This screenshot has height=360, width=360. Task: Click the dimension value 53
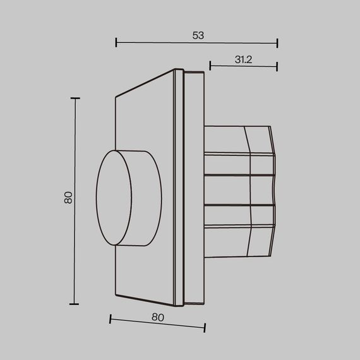(x=198, y=35)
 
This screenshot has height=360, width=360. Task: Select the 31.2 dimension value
(x=243, y=59)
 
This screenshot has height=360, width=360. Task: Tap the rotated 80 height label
(x=69, y=198)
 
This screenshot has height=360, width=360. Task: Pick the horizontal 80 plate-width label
(x=158, y=318)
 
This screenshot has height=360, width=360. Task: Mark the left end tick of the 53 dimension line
(x=116, y=43)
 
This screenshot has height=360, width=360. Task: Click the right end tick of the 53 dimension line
(x=277, y=43)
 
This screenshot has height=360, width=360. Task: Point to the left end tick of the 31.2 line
(x=210, y=64)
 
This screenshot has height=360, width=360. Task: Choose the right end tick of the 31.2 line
(x=277, y=64)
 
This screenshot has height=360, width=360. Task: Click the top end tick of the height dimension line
(x=76, y=99)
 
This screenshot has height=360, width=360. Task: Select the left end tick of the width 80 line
(x=111, y=319)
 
